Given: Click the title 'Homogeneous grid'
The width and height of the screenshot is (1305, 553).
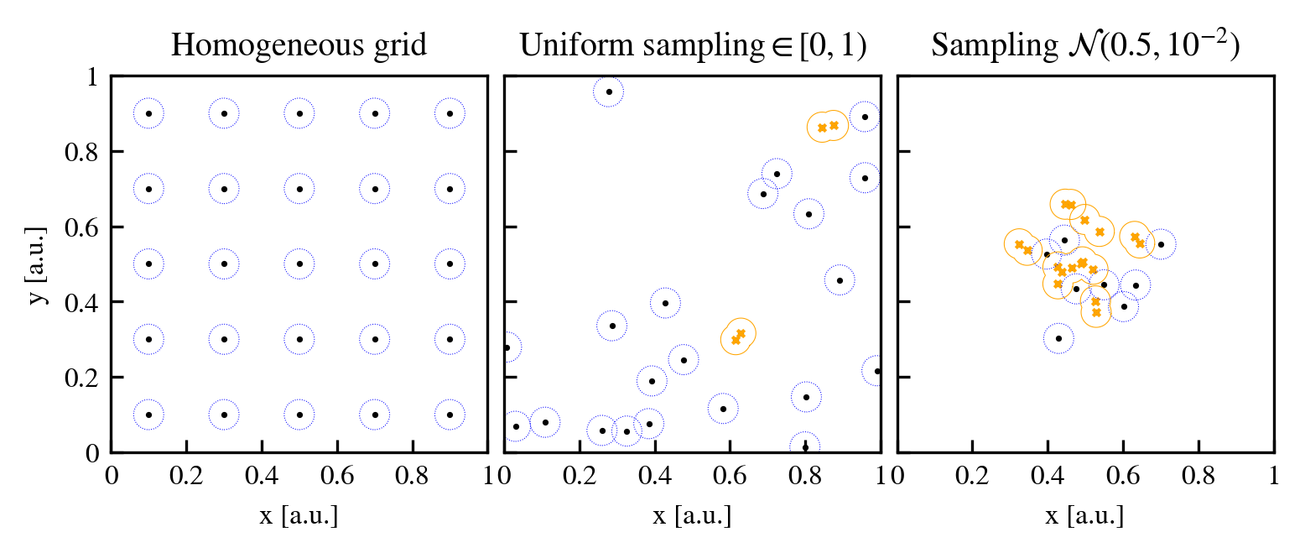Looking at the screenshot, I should click(x=299, y=46).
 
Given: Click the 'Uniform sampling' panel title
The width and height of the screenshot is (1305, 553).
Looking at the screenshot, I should click(x=692, y=46).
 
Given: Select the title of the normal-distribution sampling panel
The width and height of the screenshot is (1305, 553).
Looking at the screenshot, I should click(x=1085, y=46).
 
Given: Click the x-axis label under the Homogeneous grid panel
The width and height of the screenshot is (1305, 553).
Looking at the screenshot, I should click(x=299, y=515).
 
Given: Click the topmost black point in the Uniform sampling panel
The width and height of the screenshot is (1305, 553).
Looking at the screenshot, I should click(x=609, y=91).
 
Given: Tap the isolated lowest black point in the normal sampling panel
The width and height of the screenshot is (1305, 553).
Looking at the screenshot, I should click(x=1058, y=339).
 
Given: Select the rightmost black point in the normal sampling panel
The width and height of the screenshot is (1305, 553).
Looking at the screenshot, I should click(x=1161, y=244).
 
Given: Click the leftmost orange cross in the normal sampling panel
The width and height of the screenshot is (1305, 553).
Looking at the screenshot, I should click(x=1019, y=245).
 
